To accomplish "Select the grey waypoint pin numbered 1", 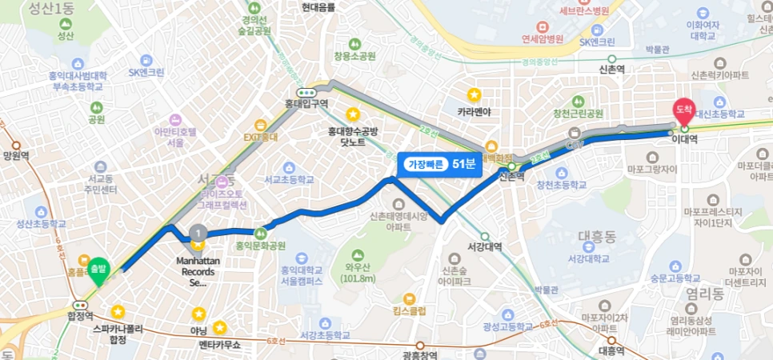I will [x=197, y=233].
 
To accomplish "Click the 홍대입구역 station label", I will [x=306, y=103].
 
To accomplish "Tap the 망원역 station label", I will [x=16, y=156].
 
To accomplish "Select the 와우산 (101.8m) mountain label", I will [x=360, y=273].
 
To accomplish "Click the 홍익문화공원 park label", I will [x=260, y=246].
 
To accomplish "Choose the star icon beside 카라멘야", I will [x=474, y=94].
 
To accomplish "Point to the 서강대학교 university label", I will [x=587, y=258].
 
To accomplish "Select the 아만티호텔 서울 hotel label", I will [x=175, y=136].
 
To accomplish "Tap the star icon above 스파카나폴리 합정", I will [x=118, y=311].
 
